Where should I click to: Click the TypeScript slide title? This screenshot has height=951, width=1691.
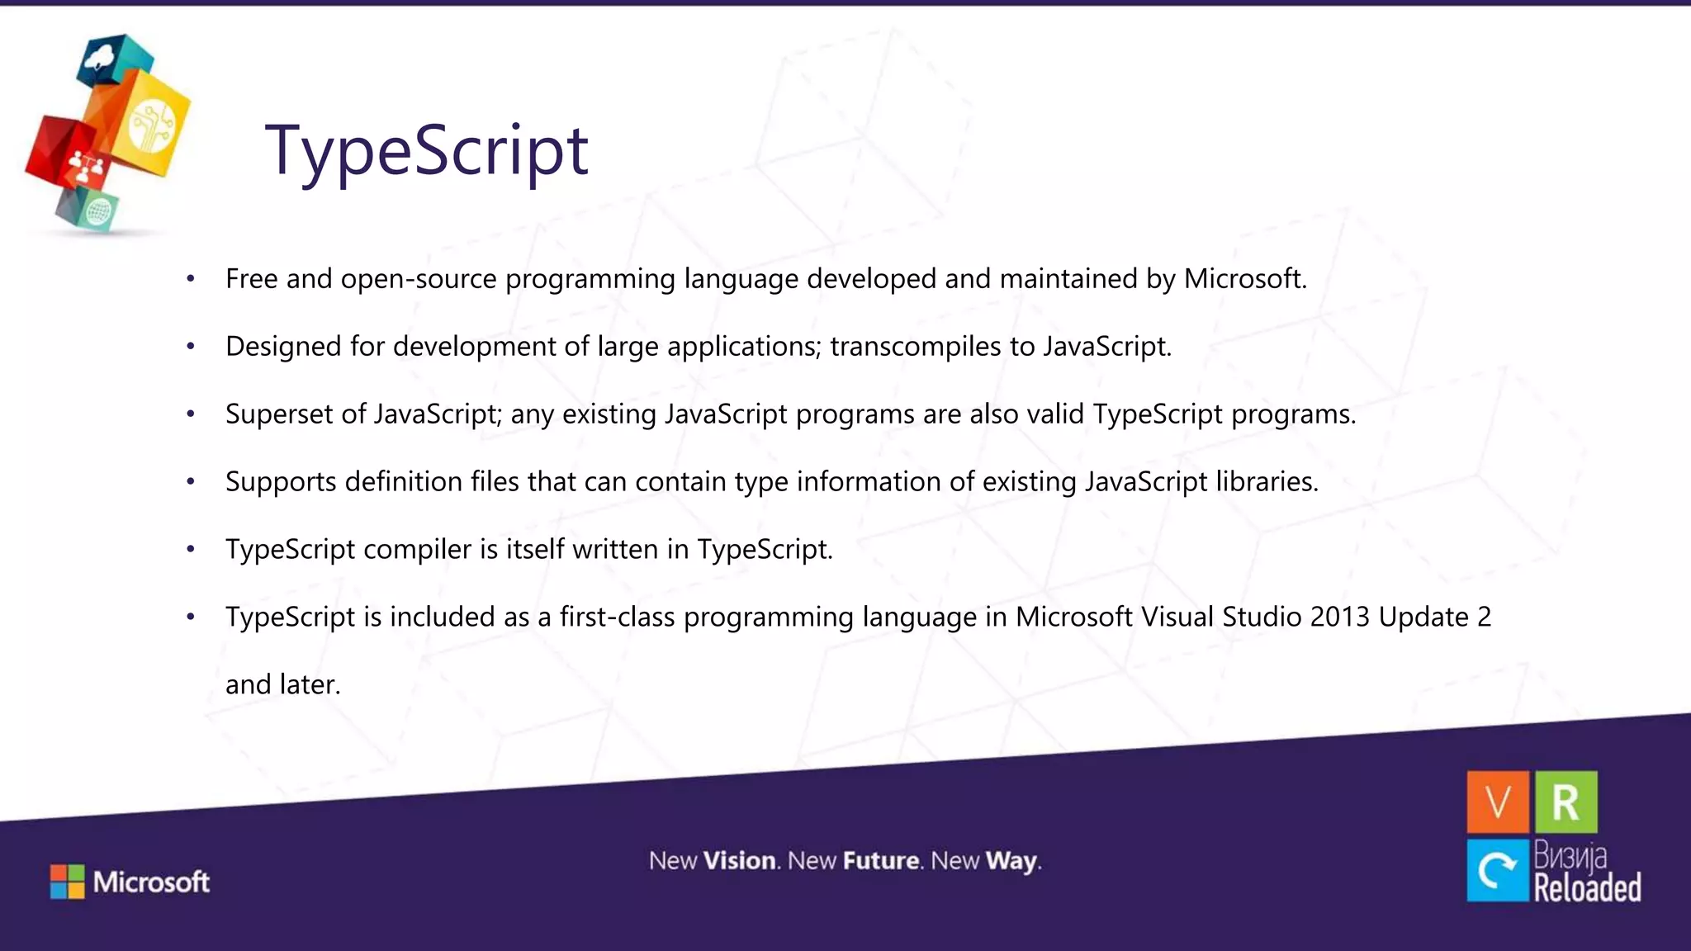(x=426, y=150)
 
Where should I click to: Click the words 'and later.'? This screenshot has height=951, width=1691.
(x=282, y=684)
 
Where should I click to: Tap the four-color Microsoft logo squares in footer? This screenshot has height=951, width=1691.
(x=67, y=882)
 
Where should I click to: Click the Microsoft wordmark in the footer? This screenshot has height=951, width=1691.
(x=151, y=882)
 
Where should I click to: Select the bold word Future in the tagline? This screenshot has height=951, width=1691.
(x=881, y=861)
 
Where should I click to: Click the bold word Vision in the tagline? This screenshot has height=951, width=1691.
(x=740, y=861)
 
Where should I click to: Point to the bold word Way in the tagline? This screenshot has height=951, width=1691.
(x=1011, y=861)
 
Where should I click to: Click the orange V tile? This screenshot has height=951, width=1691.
(x=1497, y=802)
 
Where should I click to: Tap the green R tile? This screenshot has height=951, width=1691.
(x=1565, y=802)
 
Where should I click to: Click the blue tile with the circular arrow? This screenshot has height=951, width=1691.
(x=1497, y=870)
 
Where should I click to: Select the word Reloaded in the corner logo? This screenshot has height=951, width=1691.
(x=1587, y=888)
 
